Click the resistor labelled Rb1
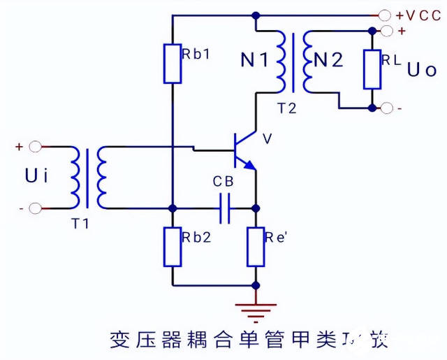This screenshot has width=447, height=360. click(x=173, y=64)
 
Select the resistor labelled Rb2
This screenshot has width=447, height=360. click(x=173, y=246)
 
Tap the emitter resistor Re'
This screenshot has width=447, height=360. click(x=256, y=246)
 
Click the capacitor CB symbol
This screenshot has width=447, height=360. click(x=224, y=208)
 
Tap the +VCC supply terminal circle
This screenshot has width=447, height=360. click(x=384, y=14)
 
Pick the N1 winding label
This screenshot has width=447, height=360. click(x=254, y=61)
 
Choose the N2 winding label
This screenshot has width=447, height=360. click(x=328, y=61)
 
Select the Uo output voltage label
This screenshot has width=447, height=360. click(x=422, y=70)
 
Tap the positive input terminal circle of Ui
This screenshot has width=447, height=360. click(x=35, y=147)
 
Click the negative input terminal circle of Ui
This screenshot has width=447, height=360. click(x=35, y=208)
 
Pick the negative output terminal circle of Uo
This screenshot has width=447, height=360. click(x=384, y=108)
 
